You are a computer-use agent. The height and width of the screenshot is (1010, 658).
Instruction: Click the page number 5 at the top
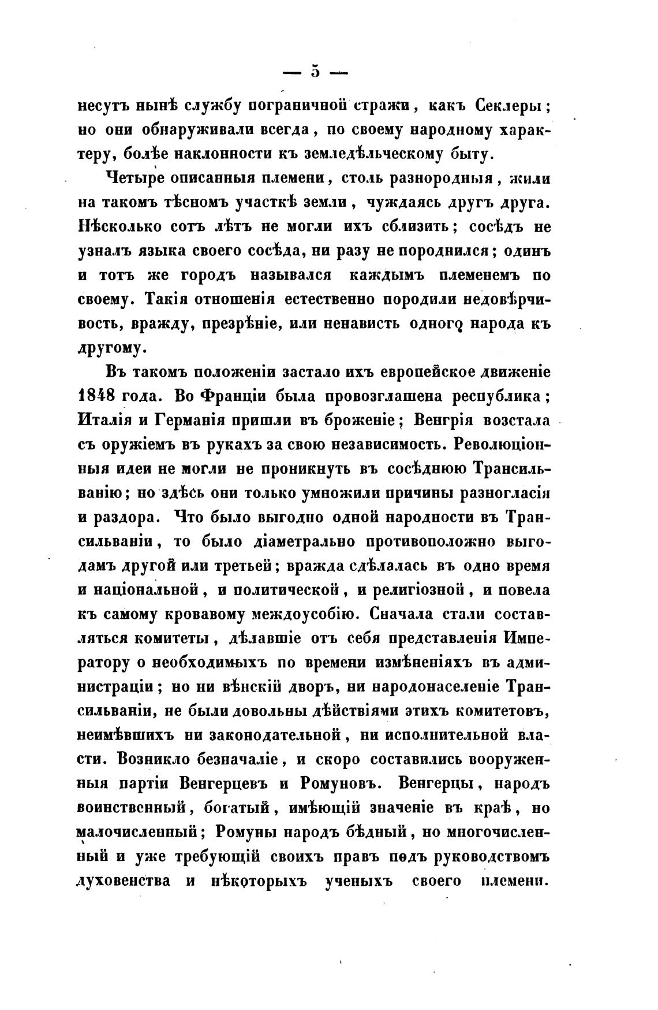click(x=315, y=72)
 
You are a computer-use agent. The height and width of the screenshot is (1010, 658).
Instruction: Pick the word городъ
click(x=204, y=275)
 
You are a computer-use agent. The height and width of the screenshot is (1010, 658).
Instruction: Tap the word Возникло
click(x=154, y=760)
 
